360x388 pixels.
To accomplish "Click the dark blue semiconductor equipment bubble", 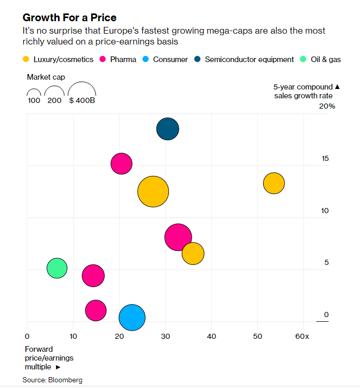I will click(168, 129).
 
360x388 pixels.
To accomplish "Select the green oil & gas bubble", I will click(57, 268).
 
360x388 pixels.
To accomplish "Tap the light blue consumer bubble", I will click(132, 318).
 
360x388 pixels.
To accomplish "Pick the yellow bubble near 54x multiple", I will click(274, 183).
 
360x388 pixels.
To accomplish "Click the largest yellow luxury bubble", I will click(153, 191).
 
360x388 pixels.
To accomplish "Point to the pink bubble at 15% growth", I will click(121, 163).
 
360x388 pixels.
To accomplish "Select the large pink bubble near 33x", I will click(178, 237).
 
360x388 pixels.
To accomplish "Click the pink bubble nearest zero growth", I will click(96, 310).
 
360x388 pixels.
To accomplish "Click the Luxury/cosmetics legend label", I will click(63, 59).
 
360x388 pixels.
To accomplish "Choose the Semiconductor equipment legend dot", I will click(198, 59).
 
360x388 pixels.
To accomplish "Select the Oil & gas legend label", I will click(325, 59).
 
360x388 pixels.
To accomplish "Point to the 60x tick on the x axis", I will click(302, 337).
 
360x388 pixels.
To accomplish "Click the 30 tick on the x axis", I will click(165, 337).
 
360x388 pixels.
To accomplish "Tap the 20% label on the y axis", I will click(327, 107).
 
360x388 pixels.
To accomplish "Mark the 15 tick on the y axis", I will click(325, 158).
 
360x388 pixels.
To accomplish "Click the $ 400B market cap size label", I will click(82, 100).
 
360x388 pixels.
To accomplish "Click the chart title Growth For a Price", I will click(69, 18).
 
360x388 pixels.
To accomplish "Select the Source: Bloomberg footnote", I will click(52, 380).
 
